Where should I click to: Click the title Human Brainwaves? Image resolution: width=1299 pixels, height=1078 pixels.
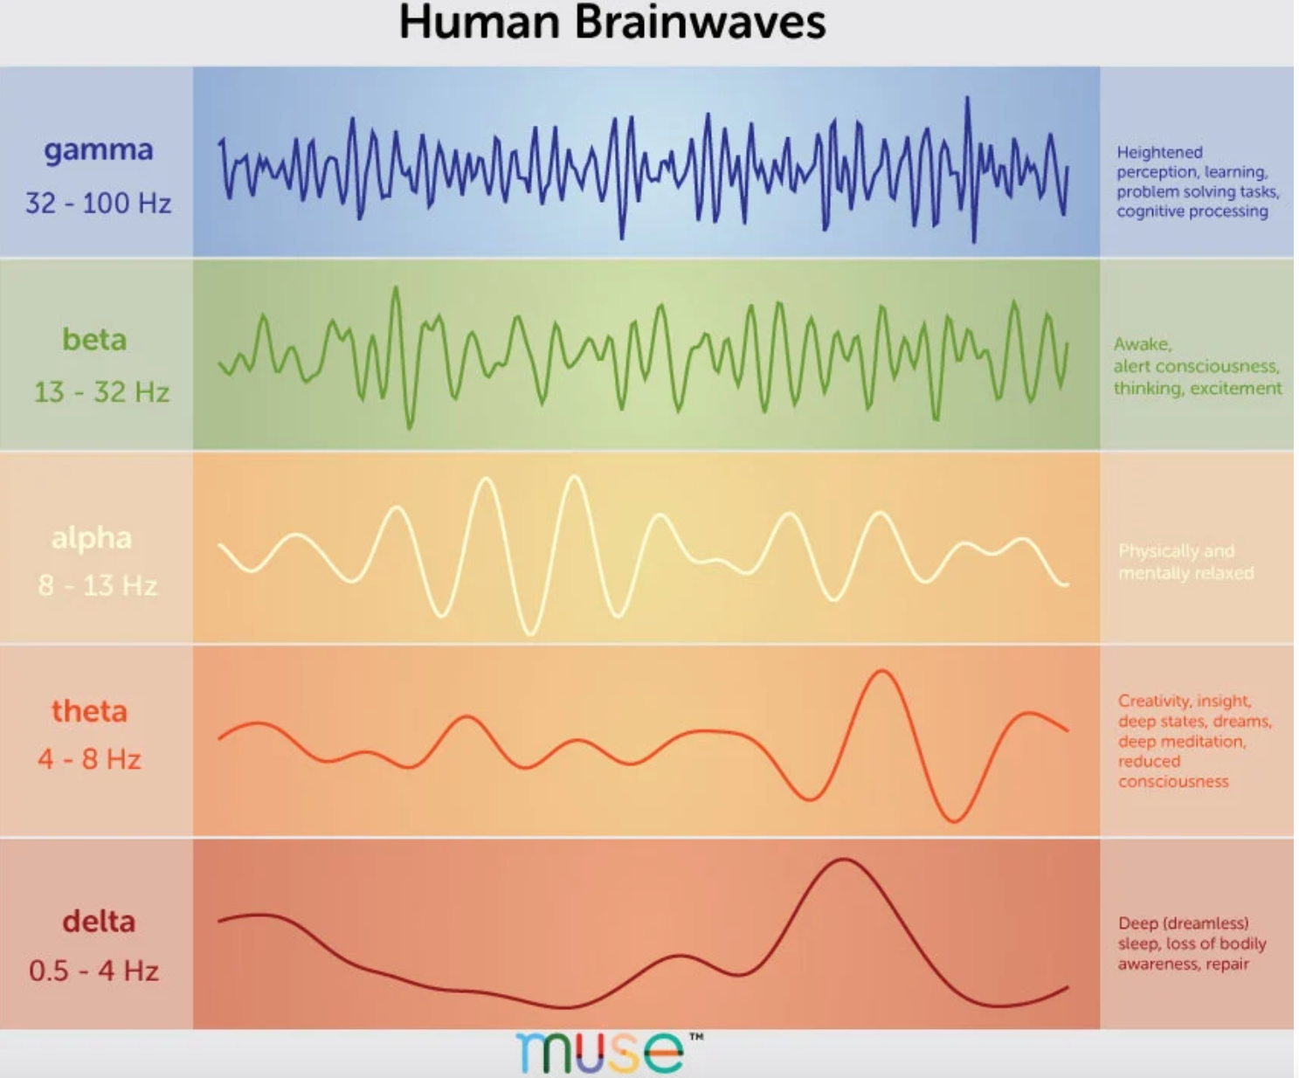[x=611, y=22]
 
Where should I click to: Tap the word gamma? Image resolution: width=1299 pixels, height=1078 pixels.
[x=98, y=150]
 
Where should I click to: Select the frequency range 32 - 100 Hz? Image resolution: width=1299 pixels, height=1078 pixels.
[x=98, y=204]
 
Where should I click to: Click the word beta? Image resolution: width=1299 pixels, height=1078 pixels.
[x=94, y=339]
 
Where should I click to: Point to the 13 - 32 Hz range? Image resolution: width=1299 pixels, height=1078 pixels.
[x=101, y=391]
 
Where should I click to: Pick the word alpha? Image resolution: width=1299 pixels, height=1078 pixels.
[x=92, y=537]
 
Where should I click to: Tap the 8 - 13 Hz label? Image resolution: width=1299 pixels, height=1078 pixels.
[x=97, y=584]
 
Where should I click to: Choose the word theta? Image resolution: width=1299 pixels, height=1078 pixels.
[x=89, y=711]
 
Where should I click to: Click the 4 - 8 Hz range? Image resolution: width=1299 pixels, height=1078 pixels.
[x=89, y=758]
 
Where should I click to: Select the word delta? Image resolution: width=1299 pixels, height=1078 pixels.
[x=99, y=921]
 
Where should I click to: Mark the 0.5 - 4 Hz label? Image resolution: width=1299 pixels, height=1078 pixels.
[x=93, y=971]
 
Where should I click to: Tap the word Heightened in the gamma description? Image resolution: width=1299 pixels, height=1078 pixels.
[x=1159, y=152]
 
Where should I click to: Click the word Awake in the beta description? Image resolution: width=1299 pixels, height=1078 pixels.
[x=1142, y=344]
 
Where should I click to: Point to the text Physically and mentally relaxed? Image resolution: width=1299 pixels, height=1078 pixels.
[x=1185, y=562]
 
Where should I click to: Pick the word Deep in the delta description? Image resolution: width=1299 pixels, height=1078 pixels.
[x=1137, y=923]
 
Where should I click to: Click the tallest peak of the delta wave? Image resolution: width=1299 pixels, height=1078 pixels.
[x=843, y=860]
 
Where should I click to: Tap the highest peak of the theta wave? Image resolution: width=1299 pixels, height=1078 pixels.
[x=882, y=672]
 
